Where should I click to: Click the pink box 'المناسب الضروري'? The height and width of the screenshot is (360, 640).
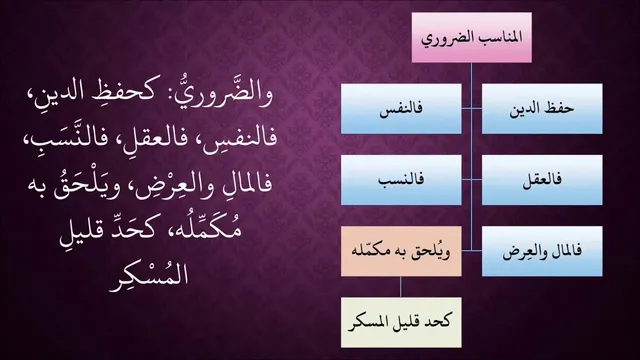pos(471,38)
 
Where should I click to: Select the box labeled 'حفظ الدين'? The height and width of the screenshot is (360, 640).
pos(542,109)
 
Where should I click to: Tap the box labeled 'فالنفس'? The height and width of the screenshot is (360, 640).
pos(401,109)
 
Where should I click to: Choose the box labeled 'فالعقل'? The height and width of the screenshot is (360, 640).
pos(542,180)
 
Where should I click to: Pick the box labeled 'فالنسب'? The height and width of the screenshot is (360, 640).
pos(401,180)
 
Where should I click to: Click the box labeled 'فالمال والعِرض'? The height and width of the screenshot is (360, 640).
pos(542,251)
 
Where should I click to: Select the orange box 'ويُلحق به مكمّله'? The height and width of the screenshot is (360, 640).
pos(401,251)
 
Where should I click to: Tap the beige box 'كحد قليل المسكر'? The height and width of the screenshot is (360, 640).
pos(401,322)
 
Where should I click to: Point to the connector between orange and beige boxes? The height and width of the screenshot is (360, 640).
pos(400,287)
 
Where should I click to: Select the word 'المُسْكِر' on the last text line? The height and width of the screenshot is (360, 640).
pos(149,276)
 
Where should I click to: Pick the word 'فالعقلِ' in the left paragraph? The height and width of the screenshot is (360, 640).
pos(146,138)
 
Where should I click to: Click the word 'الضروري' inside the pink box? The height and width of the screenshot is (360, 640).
pos(446,39)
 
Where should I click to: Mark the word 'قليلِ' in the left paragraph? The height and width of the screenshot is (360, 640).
pos(83,232)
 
